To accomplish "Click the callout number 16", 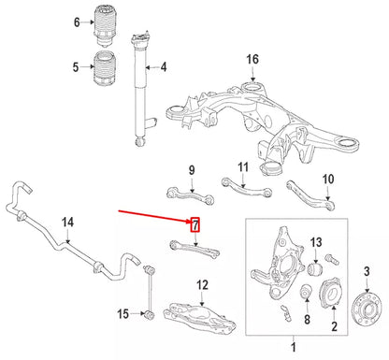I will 252,61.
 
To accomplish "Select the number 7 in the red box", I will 194,224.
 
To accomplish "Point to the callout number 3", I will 367,271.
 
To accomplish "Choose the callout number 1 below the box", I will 296,348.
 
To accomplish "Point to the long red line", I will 154,215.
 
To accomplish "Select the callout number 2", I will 333,326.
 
